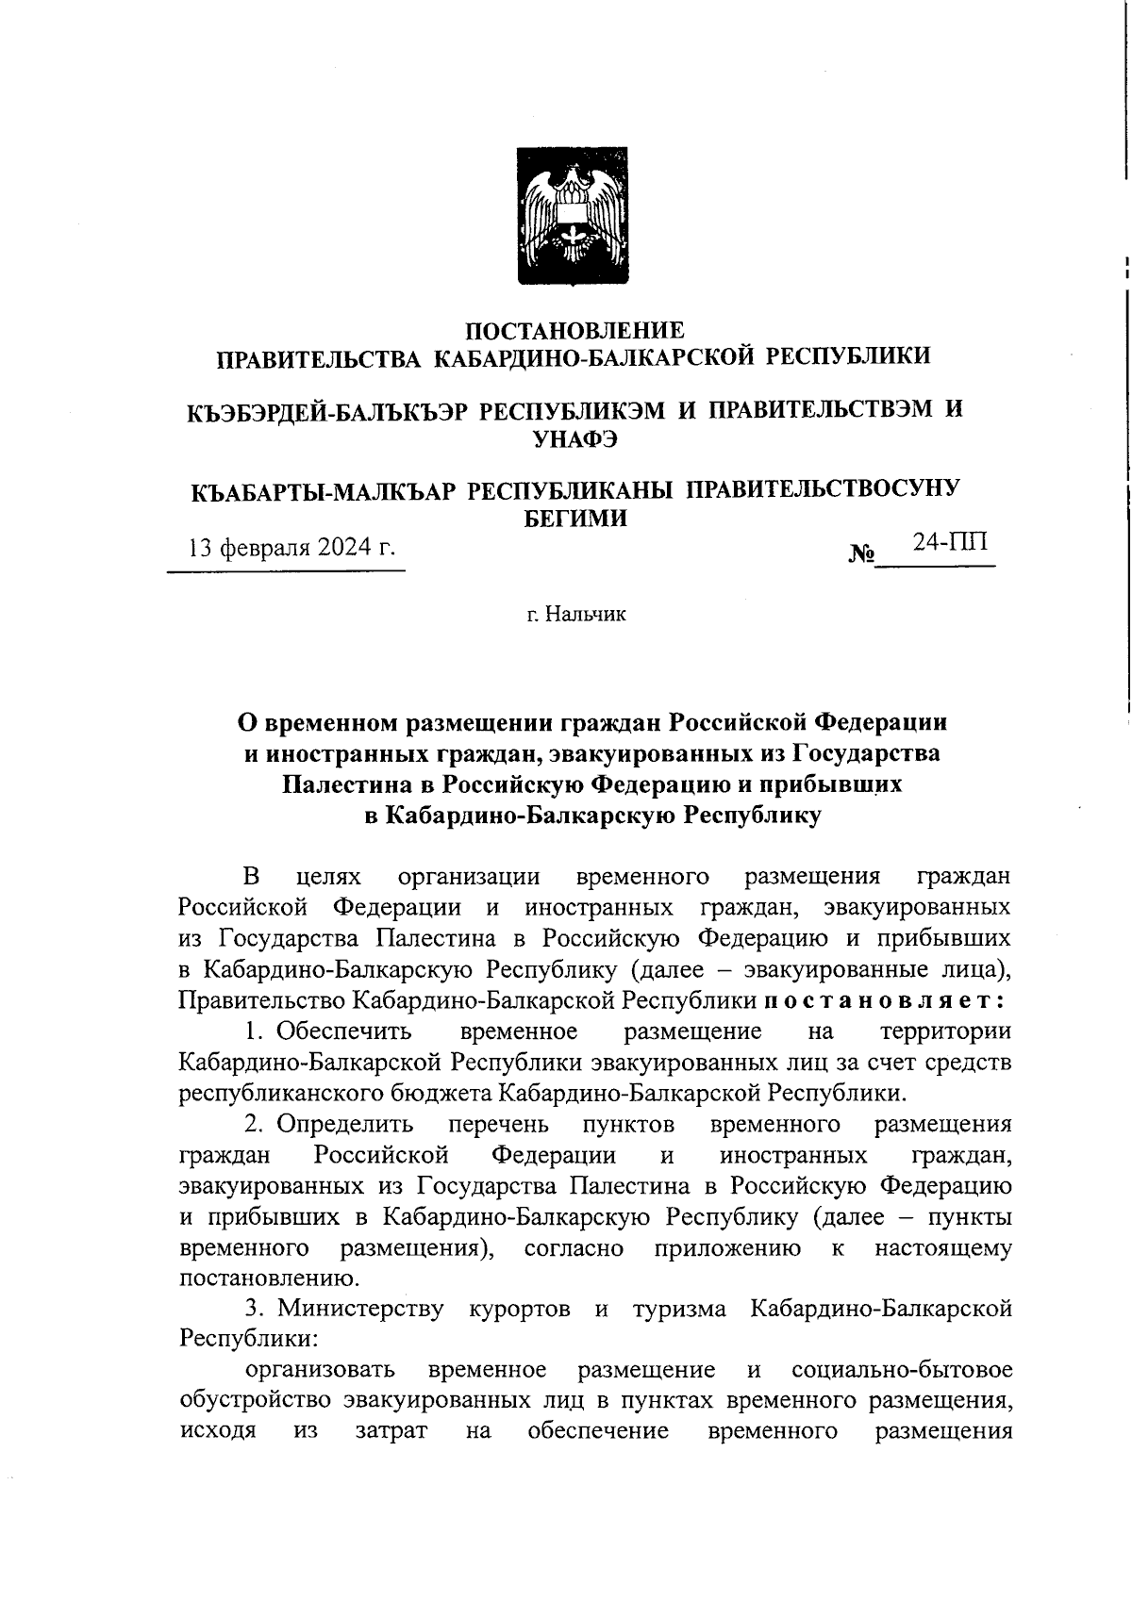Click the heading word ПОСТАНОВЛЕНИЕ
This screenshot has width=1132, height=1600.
pos(575,330)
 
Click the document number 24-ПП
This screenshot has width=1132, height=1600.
pos(950,542)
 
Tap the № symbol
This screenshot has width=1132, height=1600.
pos(861,553)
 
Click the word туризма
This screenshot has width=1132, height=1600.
pos(678,1310)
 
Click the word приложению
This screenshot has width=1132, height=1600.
pos(726,1248)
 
